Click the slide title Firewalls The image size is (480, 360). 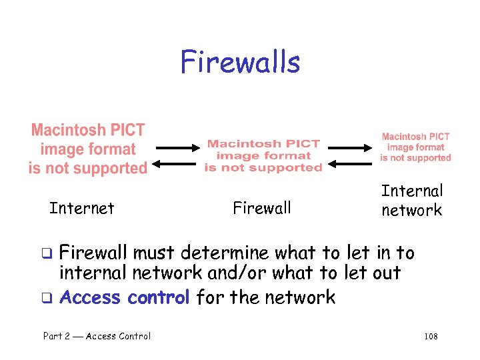pyautogui.click(x=240, y=62)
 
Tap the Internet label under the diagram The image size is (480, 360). pyautogui.click(x=82, y=209)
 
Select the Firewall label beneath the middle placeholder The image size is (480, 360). pyautogui.click(x=262, y=208)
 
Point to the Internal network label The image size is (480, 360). pyautogui.click(x=411, y=201)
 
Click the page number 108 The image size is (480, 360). pyautogui.click(x=431, y=337)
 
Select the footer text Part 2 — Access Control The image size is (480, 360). pyautogui.click(x=97, y=336)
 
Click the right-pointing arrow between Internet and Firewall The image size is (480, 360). pyautogui.click(x=174, y=147)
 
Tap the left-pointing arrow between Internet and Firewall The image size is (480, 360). pyautogui.click(x=174, y=163)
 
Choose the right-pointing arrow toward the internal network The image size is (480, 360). pyautogui.click(x=351, y=147)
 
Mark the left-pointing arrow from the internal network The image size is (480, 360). pyautogui.click(x=351, y=163)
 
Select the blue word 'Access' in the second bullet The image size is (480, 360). pyautogui.click(x=91, y=297)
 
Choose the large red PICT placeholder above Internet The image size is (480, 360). pyautogui.click(x=87, y=149)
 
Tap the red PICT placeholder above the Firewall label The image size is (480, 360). pyautogui.click(x=263, y=155)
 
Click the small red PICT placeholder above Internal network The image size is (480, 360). pyautogui.click(x=415, y=147)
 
